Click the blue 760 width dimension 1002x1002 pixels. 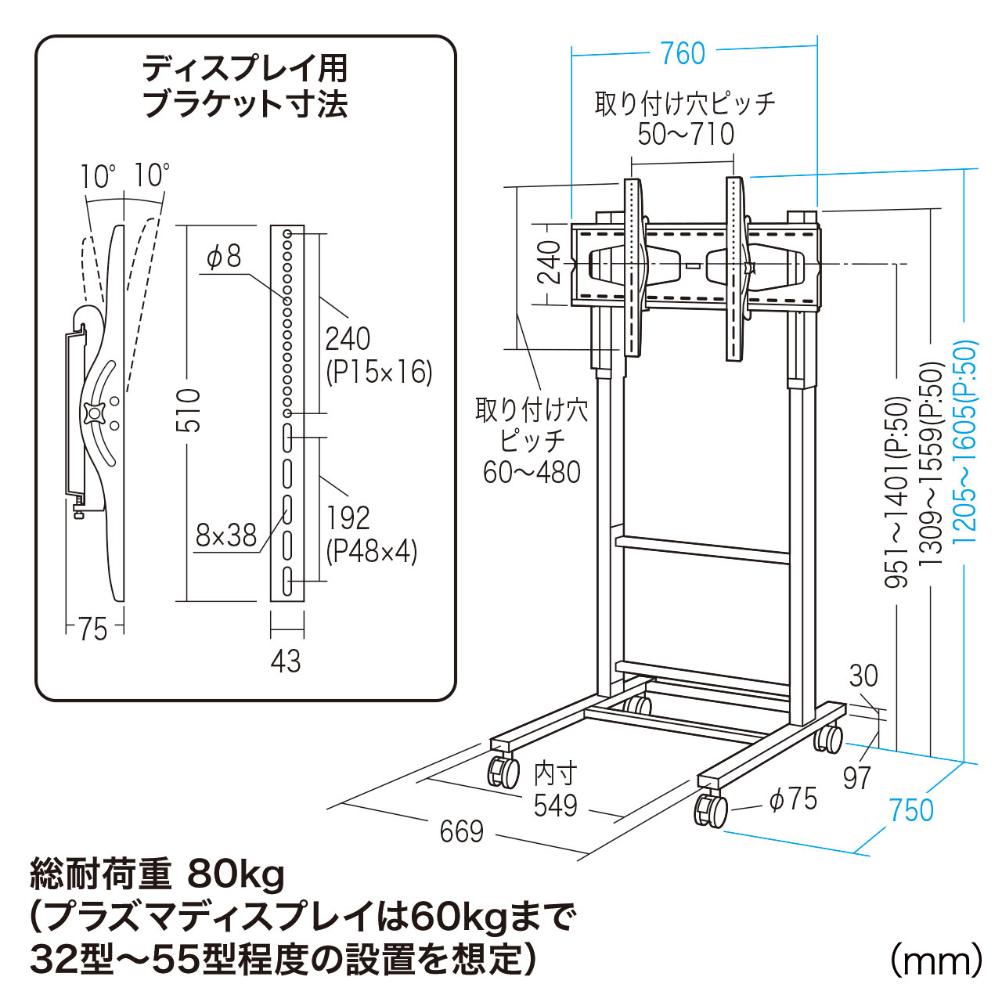coord(683,53)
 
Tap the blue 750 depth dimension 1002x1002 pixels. coord(911,809)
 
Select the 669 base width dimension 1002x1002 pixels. coord(462,831)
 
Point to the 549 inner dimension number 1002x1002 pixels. coord(555,805)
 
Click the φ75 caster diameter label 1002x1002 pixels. coord(793,798)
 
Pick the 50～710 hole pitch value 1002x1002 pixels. coord(686,134)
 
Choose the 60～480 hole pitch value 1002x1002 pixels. coord(532,472)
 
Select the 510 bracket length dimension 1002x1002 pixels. coord(189,410)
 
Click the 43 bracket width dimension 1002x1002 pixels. coord(286,661)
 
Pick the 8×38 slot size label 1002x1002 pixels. coord(226,535)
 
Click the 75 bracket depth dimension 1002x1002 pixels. coord(92,629)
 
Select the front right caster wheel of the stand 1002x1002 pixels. coord(710,810)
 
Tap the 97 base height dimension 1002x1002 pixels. coord(857,777)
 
